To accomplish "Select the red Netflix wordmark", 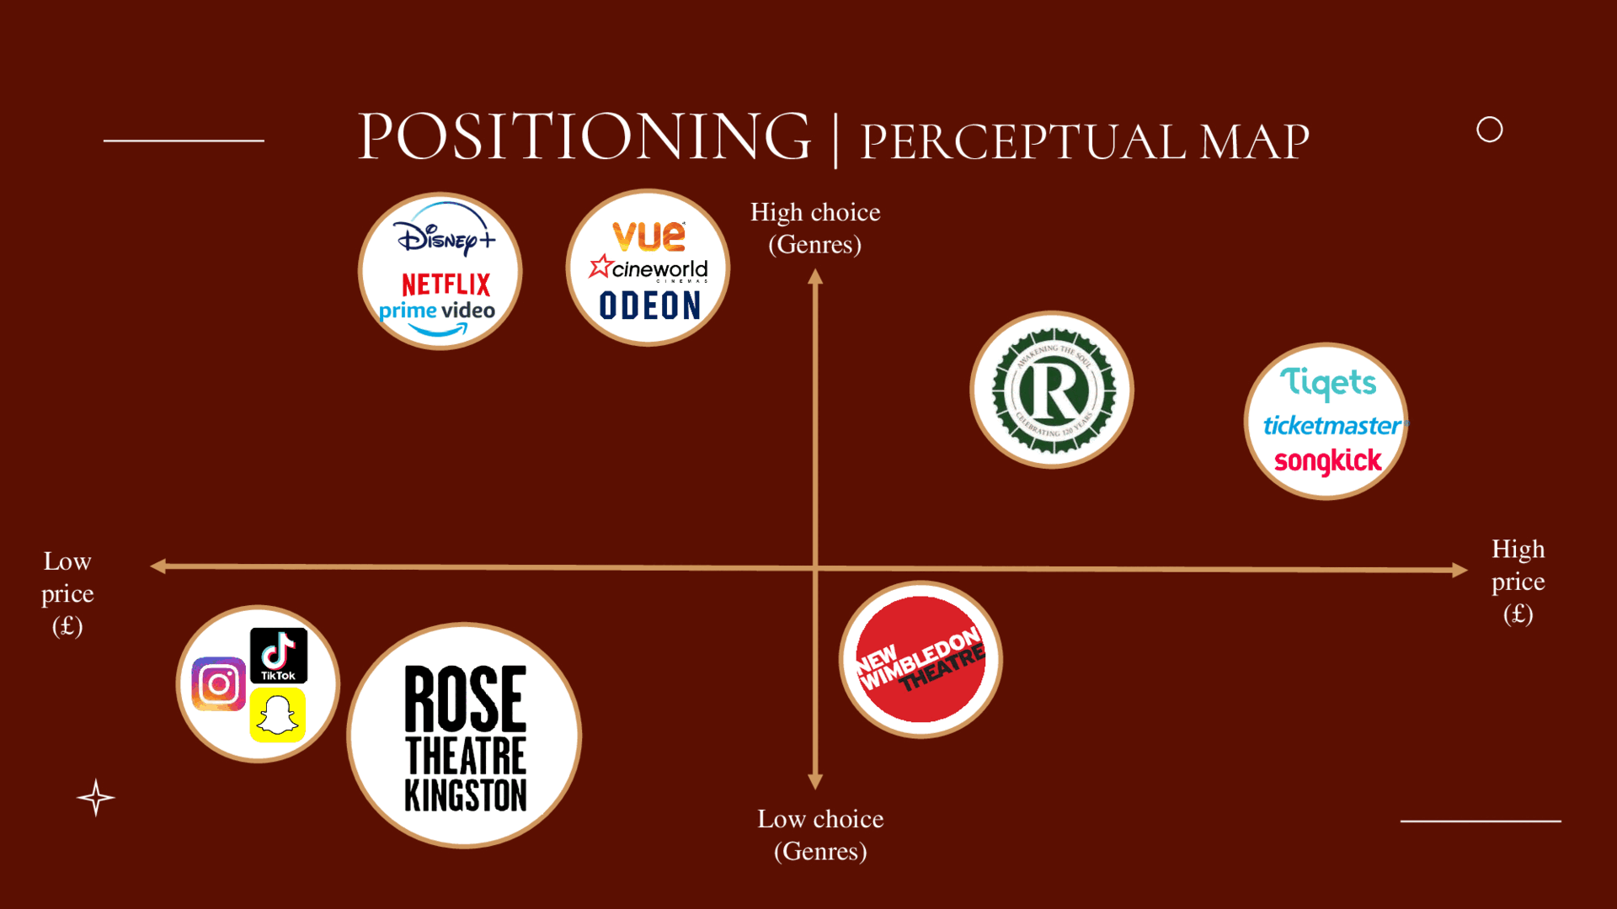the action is (446, 284).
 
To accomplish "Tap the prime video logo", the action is (437, 314).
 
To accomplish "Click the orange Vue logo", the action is (648, 236).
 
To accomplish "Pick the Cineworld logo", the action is (648, 268).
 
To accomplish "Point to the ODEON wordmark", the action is (649, 306).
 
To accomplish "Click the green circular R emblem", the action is (1052, 390).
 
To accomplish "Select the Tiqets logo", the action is (1328, 383).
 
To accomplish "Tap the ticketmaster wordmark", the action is (1331, 425).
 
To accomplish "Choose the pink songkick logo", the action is (1328, 461).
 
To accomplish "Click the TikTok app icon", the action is (279, 655).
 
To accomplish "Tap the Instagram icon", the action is (219, 683).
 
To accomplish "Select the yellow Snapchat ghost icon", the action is (278, 715).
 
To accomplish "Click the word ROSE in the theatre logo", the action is (465, 699).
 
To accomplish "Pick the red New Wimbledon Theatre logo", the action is (921, 660).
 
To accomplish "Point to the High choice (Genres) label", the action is (815, 228).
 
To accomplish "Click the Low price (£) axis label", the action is (67, 593).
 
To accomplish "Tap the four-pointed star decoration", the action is (96, 798).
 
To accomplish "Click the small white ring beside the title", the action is (1489, 130).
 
